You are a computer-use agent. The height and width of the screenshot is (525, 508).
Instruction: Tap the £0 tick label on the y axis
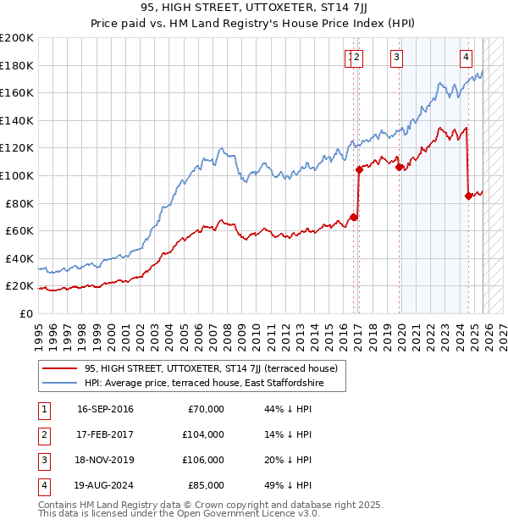pos(26,313)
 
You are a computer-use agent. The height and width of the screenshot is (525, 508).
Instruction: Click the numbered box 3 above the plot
pos(396,58)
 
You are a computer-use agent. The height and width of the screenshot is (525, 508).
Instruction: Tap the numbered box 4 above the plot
pos(466,58)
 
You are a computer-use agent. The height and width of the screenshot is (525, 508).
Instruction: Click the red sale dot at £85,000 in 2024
pos(468,196)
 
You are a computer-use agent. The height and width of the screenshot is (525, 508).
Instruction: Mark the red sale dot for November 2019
pos(398,167)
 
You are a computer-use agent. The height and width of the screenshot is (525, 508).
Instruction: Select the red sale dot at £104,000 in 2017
pos(359,169)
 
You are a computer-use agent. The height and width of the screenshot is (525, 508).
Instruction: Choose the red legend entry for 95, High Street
pos(211,368)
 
